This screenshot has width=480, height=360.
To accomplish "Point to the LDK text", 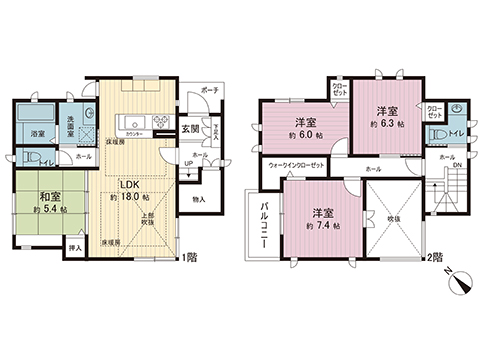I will [x=129, y=184].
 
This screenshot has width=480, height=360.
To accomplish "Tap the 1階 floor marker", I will [x=190, y=257].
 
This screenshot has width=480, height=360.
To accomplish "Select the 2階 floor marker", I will [x=433, y=257].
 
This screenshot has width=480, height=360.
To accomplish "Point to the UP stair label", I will [x=188, y=163].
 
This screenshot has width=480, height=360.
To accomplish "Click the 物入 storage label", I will [x=198, y=200].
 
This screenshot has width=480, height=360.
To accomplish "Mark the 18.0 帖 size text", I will [x=130, y=198].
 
